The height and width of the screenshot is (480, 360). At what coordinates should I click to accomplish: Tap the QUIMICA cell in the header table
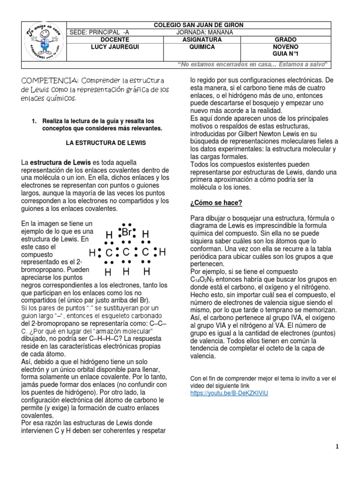pyautogui.click(x=201, y=47)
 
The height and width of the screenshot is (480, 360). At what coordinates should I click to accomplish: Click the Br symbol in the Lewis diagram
pyautogui.click(x=127, y=233)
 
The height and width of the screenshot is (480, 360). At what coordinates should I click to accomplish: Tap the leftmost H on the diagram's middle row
pyautogui.click(x=92, y=253)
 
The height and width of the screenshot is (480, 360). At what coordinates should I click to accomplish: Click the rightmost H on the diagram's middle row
pyautogui.click(x=162, y=253)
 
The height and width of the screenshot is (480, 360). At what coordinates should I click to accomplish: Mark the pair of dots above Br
pyautogui.click(x=126, y=225)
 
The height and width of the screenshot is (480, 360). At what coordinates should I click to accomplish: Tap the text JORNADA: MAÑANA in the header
pyautogui.click(x=208, y=32)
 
